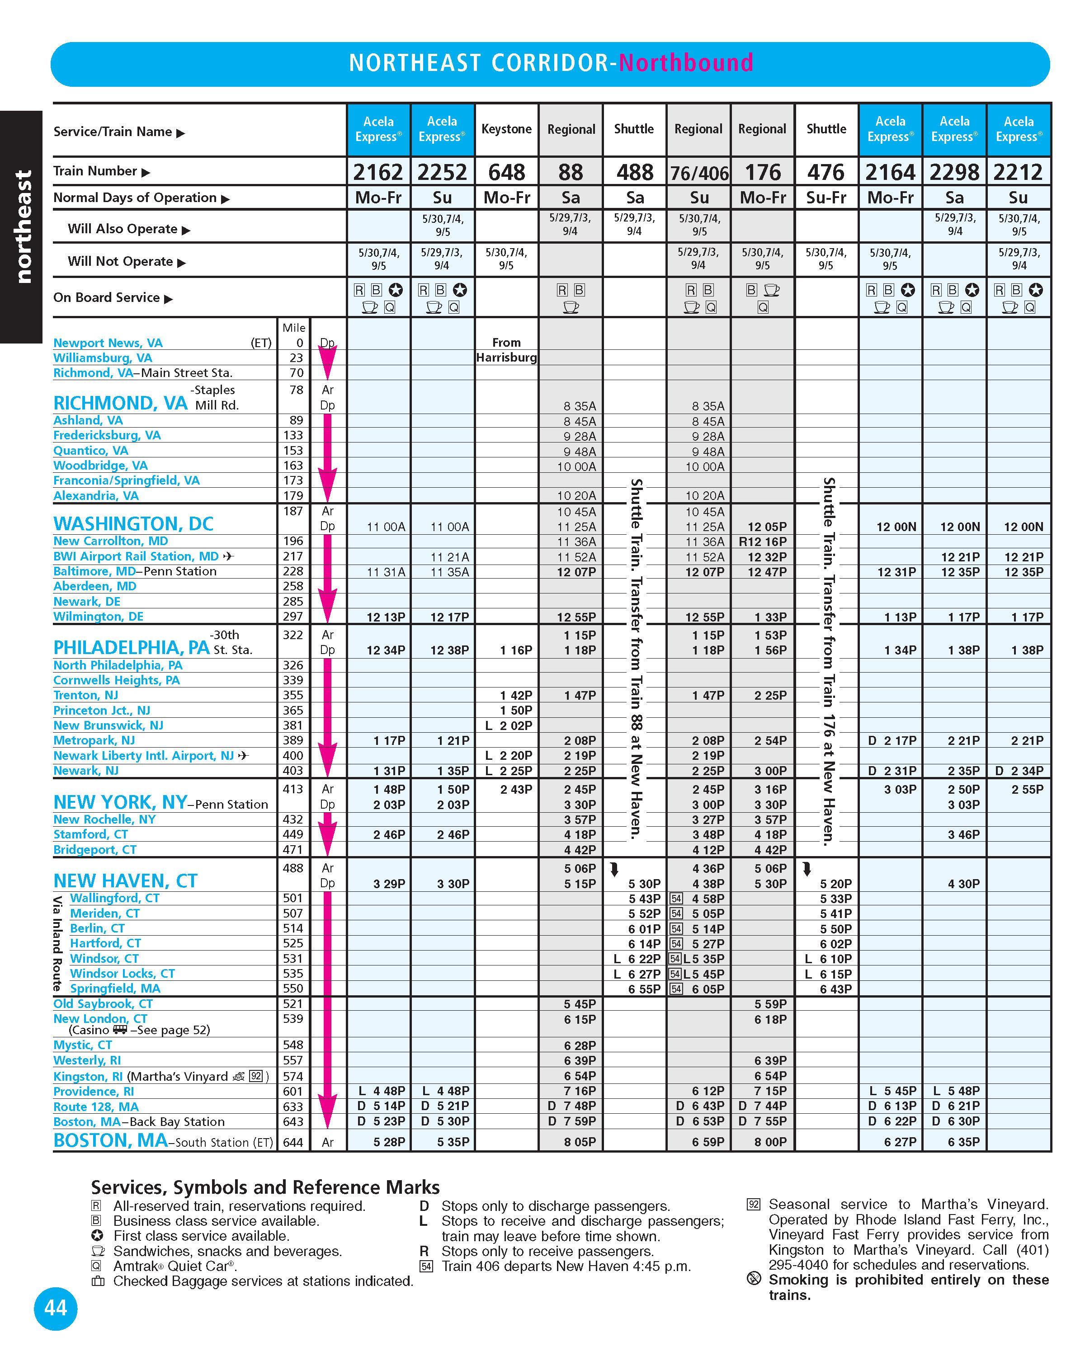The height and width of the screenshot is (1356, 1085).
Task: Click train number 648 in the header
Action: (x=506, y=172)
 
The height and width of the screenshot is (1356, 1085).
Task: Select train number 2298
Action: (x=954, y=172)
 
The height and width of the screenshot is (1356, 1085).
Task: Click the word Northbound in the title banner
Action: (x=686, y=63)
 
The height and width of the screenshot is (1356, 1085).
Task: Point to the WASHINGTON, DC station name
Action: (x=133, y=523)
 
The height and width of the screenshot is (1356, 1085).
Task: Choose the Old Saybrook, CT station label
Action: (x=103, y=1004)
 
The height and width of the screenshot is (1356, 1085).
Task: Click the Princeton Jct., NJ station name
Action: (x=102, y=710)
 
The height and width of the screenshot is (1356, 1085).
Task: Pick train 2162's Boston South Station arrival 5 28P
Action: (x=389, y=1142)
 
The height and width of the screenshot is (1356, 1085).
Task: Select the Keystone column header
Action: (x=506, y=129)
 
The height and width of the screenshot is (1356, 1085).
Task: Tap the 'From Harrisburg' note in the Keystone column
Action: (x=506, y=350)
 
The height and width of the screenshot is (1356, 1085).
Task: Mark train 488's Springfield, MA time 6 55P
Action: (x=644, y=989)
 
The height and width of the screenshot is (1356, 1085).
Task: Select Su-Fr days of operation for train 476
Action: (x=826, y=198)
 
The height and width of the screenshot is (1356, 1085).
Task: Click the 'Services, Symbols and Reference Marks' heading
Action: (x=265, y=1187)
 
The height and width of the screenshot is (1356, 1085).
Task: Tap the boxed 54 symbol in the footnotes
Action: (x=426, y=1266)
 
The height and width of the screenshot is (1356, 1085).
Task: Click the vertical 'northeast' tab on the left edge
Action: (x=23, y=226)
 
